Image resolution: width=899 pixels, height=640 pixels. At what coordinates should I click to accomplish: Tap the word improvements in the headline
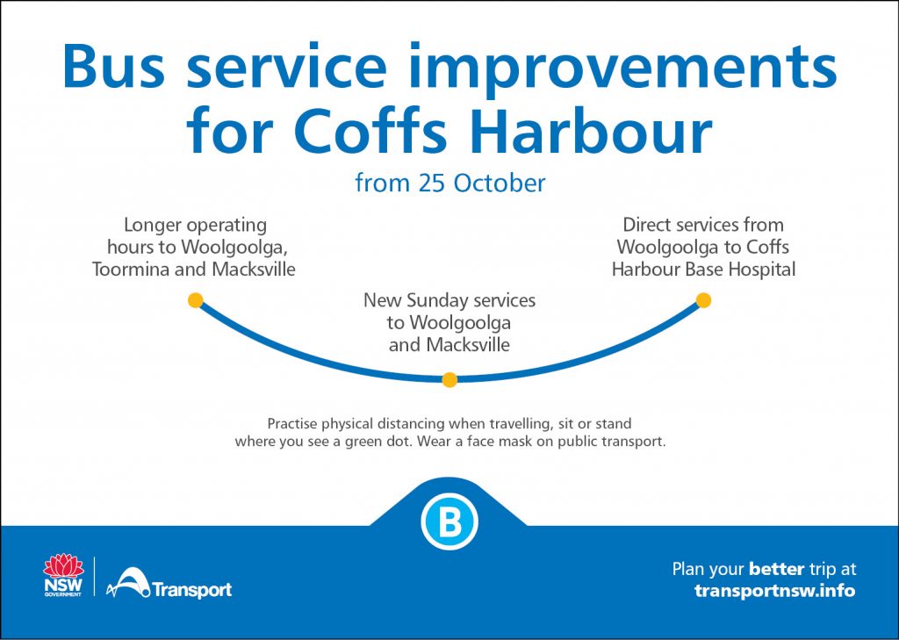(x=623, y=69)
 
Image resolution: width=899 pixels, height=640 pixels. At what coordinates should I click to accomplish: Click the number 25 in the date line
(x=432, y=183)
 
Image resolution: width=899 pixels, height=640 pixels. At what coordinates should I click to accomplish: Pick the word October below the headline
(x=500, y=183)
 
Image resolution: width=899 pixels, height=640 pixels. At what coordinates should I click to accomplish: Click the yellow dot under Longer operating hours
(x=196, y=300)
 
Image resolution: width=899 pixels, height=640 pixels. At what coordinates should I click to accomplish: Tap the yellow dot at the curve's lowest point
(x=449, y=379)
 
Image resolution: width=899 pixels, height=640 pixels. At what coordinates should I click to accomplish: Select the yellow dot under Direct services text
(x=703, y=300)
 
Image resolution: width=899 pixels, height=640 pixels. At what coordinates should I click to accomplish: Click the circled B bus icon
(x=449, y=521)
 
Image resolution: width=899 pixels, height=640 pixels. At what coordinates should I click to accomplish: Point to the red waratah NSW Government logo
(x=63, y=575)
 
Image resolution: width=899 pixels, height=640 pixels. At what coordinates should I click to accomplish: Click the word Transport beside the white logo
(x=192, y=590)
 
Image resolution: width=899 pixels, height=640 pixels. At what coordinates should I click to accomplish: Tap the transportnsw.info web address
(x=774, y=591)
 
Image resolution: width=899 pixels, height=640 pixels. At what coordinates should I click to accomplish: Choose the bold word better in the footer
(x=776, y=570)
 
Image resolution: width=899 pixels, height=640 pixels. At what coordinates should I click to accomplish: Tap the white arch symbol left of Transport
(x=128, y=582)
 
